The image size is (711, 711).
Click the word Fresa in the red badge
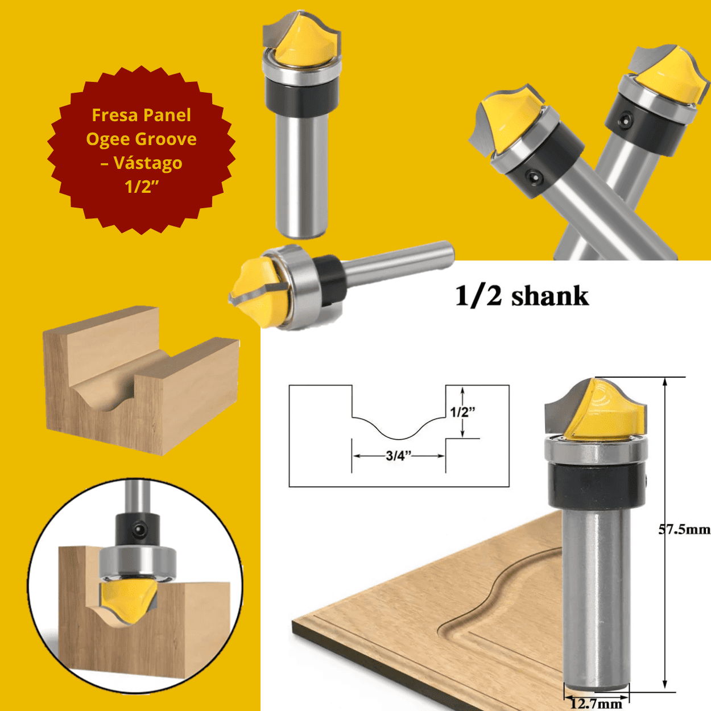(x=111, y=115)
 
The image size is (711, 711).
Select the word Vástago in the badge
(x=148, y=163)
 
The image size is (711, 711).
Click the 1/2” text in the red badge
(x=141, y=187)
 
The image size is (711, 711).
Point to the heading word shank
(x=549, y=296)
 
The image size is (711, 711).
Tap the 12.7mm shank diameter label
(x=596, y=704)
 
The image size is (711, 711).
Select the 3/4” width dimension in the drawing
(x=398, y=456)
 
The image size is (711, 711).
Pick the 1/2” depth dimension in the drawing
(x=462, y=412)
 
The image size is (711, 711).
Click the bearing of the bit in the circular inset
(x=137, y=560)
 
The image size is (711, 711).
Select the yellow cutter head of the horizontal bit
(x=256, y=290)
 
